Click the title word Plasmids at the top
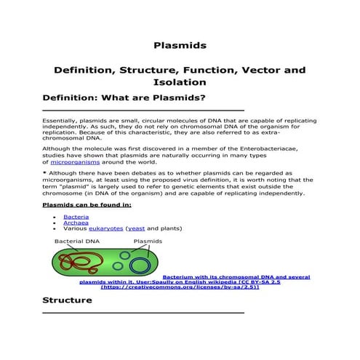point(180,45)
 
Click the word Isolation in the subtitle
point(180,82)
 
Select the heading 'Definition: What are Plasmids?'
point(124,97)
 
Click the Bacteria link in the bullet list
point(76,217)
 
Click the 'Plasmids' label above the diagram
point(148,241)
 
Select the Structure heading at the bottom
point(68,300)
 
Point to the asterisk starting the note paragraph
point(44,174)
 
